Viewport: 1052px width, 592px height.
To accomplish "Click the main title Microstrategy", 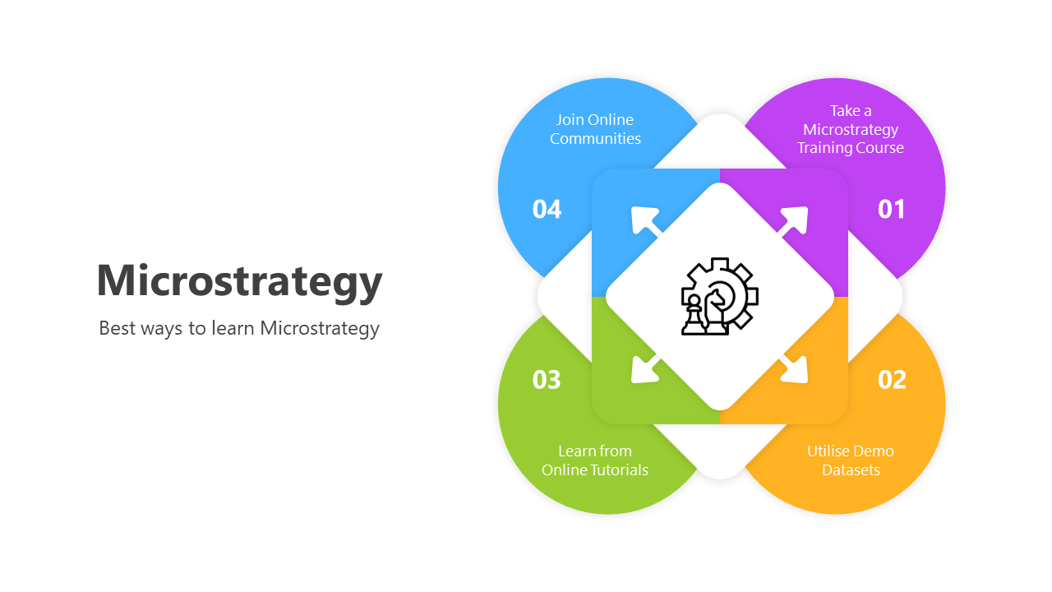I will (x=239, y=280).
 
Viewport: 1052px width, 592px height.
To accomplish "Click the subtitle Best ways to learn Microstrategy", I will (x=239, y=328).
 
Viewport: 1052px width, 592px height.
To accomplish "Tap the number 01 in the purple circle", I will (x=891, y=209).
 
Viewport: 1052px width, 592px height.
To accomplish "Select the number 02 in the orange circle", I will (x=892, y=379).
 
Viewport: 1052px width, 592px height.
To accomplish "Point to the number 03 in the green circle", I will (x=547, y=379).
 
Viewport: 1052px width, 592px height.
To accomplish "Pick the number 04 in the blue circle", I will (x=547, y=209).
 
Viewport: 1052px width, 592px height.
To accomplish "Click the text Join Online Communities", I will (x=595, y=129).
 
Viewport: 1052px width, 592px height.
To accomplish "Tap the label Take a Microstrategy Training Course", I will (x=851, y=129).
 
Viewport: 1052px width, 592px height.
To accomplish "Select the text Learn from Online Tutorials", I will (x=595, y=460).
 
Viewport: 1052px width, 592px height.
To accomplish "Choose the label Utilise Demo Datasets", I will (x=851, y=460).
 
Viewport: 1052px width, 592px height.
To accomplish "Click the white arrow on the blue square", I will (x=645, y=220).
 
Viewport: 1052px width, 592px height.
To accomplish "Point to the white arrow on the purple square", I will (x=794, y=220).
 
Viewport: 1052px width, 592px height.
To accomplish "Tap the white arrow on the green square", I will (x=645, y=369).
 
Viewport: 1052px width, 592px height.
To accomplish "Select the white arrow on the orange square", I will (x=794, y=369).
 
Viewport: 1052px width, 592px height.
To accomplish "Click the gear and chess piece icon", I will (x=720, y=296).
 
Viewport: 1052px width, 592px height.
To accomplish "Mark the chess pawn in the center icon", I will (x=694, y=315).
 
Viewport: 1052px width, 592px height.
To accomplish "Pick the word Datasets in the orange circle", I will (x=851, y=470).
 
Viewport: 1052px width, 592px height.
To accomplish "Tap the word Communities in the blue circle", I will (x=595, y=139).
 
